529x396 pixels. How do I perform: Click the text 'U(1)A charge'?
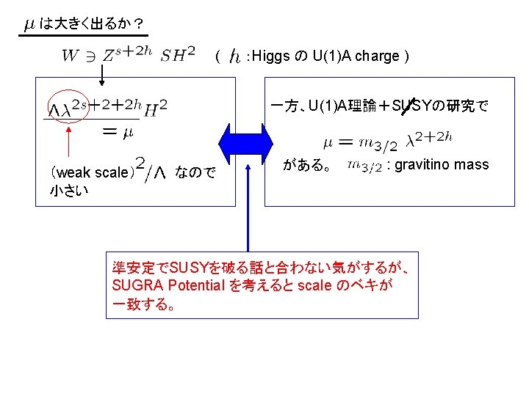click(356, 56)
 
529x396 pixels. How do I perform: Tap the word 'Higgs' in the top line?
click(275, 56)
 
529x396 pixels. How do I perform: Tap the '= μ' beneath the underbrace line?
click(117, 132)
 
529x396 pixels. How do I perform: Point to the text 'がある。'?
click(304, 165)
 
